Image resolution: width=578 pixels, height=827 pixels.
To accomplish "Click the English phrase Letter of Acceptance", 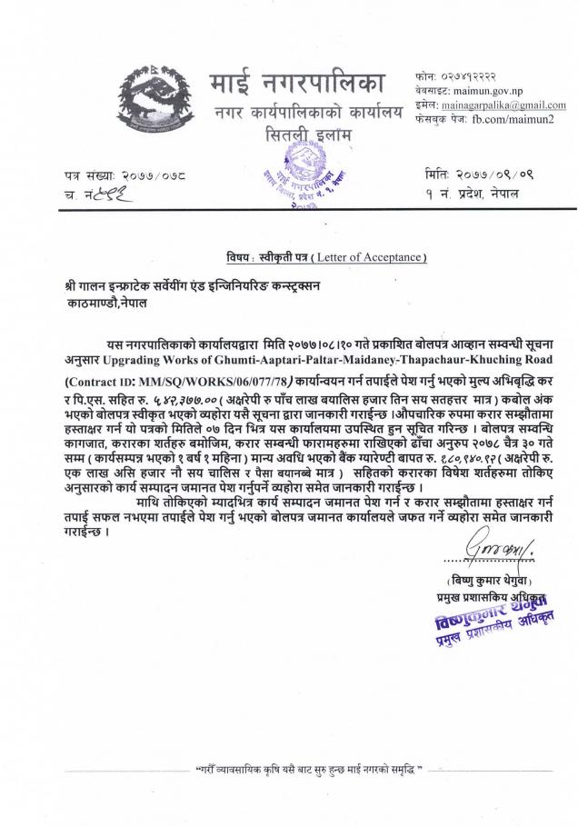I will click(374, 257).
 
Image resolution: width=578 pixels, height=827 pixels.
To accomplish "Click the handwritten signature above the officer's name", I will click(492, 550).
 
